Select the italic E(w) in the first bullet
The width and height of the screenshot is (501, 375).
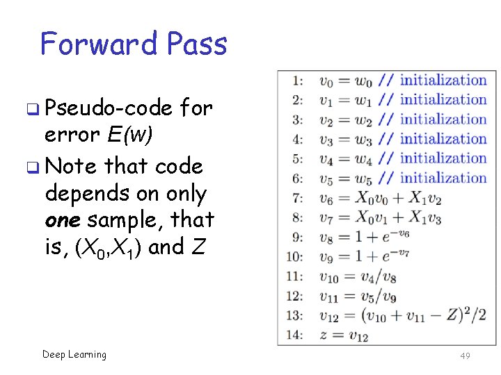(129, 135)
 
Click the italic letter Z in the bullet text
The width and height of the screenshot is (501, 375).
(198, 247)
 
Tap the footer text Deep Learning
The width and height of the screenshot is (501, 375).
(74, 355)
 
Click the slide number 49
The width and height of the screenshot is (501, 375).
(465, 356)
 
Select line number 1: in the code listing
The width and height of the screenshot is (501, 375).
(297, 81)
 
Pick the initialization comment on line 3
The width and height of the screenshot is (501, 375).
(443, 119)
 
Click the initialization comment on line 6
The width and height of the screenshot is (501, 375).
(443, 178)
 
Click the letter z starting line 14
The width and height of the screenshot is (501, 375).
(324, 336)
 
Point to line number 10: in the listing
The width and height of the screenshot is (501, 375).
(295, 258)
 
